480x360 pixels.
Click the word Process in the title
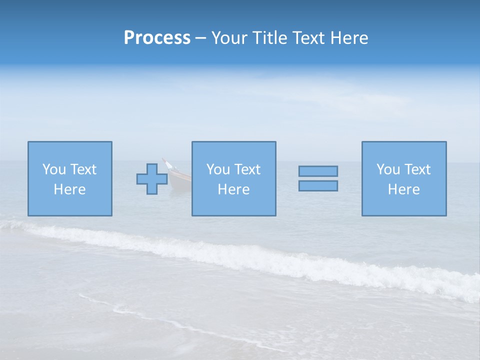[157, 38]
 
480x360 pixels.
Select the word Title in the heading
[268, 38]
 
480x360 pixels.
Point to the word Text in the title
[307, 38]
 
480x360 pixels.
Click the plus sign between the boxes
[152, 178]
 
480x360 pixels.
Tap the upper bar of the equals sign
[318, 171]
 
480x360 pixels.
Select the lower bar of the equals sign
[318, 185]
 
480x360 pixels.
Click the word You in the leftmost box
[54, 169]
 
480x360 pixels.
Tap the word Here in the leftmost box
[69, 189]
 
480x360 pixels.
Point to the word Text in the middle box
[247, 169]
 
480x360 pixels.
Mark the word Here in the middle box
[233, 189]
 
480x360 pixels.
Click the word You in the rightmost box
[388, 169]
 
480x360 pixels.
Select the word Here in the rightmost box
[403, 189]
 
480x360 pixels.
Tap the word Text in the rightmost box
[417, 169]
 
